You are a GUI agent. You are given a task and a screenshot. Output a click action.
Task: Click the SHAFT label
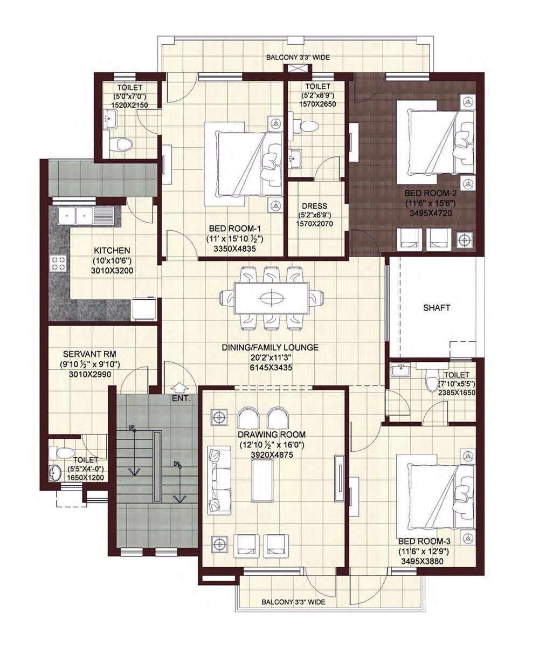[x=436, y=308]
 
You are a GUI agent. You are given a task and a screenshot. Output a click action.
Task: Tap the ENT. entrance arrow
[x=180, y=387]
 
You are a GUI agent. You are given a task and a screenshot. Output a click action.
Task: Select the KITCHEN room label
[x=112, y=251]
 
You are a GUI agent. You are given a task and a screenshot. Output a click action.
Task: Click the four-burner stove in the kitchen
[x=59, y=263]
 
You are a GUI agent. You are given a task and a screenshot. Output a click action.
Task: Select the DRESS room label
[x=315, y=206]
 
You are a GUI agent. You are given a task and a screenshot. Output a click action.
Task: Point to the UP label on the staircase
[x=130, y=427]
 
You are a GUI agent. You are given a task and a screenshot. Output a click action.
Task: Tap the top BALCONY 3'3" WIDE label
[x=298, y=57]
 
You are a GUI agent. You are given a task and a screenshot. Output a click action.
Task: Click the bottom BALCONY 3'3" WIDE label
[x=293, y=602]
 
